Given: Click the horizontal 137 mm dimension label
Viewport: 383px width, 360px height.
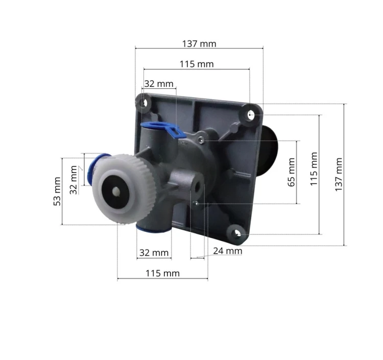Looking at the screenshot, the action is click(199, 44).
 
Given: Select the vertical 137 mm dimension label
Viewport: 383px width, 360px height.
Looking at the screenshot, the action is click(339, 174).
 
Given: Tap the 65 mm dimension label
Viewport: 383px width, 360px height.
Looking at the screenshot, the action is click(291, 172).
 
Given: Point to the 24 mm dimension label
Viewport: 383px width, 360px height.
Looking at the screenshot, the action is click(227, 251).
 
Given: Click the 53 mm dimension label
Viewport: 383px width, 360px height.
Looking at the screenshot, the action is click(57, 191).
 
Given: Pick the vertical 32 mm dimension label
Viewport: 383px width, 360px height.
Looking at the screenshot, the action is click(73, 180).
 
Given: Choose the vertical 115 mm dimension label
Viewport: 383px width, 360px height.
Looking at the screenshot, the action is click(314, 169).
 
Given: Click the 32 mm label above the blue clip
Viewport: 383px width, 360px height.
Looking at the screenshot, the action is click(159, 84).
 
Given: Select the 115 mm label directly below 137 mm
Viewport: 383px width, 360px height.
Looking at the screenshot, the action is click(197, 64).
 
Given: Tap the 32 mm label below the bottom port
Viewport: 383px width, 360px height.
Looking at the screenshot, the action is click(154, 253).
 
